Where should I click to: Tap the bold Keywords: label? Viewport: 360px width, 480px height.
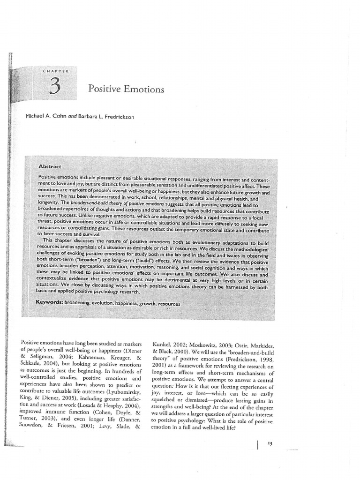pos(52,303)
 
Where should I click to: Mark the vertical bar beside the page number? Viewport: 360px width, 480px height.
pos(257,443)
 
